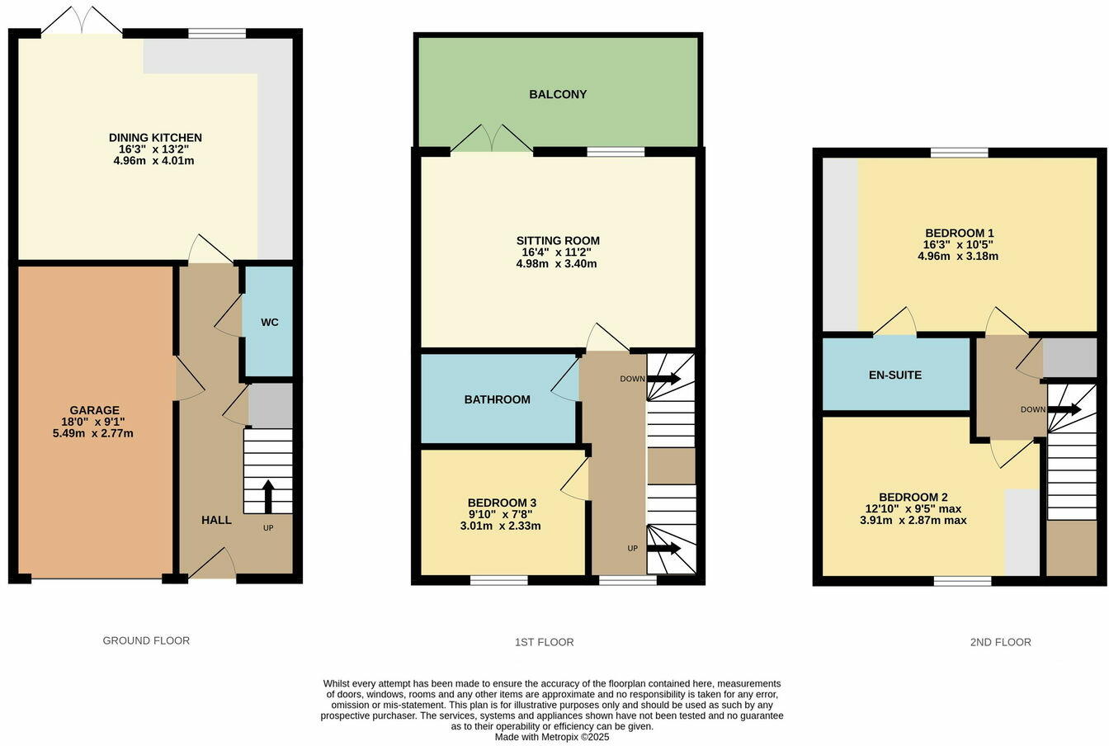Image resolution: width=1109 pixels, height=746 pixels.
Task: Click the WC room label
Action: pos(270,323)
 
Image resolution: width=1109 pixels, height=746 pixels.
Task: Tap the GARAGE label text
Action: pos(95,410)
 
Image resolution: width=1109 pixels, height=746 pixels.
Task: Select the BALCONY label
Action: pos(558,95)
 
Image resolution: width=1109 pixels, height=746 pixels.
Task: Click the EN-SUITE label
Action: pos(895,375)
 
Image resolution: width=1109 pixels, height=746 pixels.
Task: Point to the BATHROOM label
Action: pos(497,400)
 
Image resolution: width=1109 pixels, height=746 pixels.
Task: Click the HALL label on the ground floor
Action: pos(216,521)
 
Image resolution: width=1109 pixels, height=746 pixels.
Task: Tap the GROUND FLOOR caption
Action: pos(146,640)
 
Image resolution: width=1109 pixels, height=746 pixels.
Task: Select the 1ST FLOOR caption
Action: pos(544,642)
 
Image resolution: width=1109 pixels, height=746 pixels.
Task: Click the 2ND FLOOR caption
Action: pos(1000,642)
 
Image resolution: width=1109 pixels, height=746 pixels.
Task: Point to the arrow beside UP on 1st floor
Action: pos(664,549)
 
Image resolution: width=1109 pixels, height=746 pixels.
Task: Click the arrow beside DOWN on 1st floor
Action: pos(664,379)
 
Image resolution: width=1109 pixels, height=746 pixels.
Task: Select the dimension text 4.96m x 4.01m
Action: pos(154,161)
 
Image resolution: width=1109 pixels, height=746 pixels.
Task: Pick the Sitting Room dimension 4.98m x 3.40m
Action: pos(557,264)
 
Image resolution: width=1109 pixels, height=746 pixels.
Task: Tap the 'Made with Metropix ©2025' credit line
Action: pos(552,737)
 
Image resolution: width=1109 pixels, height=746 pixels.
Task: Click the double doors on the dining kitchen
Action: pos(82,21)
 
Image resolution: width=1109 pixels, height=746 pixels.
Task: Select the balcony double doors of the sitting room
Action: pos(492,139)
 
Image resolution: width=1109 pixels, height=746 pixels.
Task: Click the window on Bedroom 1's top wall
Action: pos(959,153)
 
